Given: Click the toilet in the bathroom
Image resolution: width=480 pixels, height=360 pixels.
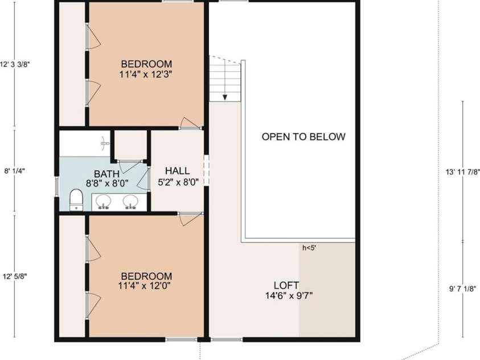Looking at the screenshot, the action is click(76, 199).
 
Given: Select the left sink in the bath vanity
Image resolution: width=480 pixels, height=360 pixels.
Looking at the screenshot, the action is click(104, 202).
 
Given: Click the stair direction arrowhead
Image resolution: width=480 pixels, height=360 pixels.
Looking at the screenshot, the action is click(225, 97).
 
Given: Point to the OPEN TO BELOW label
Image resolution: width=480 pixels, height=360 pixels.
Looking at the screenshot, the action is click(303, 137).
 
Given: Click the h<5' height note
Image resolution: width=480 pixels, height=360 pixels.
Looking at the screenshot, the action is click(309, 248).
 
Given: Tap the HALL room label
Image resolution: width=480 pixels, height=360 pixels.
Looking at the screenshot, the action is click(177, 170).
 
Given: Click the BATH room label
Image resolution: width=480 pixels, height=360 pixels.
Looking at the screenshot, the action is click(106, 174).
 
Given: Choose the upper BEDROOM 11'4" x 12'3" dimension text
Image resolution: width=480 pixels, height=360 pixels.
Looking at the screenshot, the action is click(146, 74).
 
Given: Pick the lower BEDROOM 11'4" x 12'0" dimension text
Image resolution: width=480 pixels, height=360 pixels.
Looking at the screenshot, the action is click(145, 286).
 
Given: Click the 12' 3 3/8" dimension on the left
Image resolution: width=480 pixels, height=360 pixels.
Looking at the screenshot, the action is click(15, 64).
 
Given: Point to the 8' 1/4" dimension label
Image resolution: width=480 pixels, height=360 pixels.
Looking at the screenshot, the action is click(14, 171).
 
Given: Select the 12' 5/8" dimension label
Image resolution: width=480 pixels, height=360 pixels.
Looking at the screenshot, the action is click(15, 276).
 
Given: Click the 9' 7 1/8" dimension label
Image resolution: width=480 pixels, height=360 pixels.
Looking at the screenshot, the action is click(462, 289).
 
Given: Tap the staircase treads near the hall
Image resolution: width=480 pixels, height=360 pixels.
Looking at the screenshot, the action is click(225, 80).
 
